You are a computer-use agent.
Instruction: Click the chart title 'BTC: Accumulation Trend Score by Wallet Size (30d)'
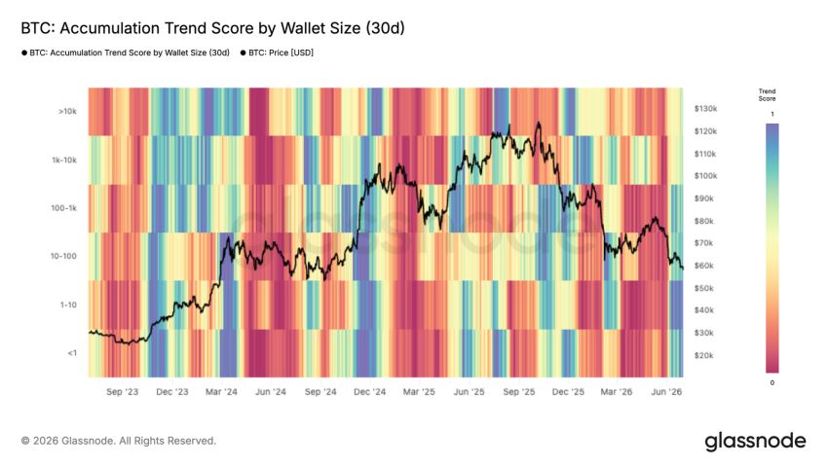(x=212, y=28)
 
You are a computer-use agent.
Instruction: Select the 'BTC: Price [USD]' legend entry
(x=277, y=53)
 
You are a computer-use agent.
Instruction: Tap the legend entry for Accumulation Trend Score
(x=126, y=53)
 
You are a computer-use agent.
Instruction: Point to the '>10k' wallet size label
(x=67, y=111)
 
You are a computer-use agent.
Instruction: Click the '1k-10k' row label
(x=64, y=160)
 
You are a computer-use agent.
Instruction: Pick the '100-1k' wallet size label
(x=64, y=208)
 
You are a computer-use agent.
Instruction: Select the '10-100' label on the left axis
(x=64, y=256)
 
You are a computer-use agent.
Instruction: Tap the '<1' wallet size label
(x=72, y=353)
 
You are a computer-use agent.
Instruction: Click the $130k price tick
(x=705, y=109)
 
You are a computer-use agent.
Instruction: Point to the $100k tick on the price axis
(x=705, y=175)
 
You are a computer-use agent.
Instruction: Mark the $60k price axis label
(x=704, y=266)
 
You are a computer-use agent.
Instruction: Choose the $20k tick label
(x=704, y=355)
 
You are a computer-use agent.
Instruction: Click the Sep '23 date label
(x=122, y=392)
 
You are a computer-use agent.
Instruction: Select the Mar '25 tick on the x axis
(x=419, y=392)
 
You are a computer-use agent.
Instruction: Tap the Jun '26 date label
(x=666, y=392)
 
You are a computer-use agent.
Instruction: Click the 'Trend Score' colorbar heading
(x=768, y=95)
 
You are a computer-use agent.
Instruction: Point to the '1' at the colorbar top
(x=772, y=114)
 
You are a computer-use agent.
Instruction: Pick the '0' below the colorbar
(x=772, y=382)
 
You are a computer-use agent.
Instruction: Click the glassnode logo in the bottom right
(x=756, y=442)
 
